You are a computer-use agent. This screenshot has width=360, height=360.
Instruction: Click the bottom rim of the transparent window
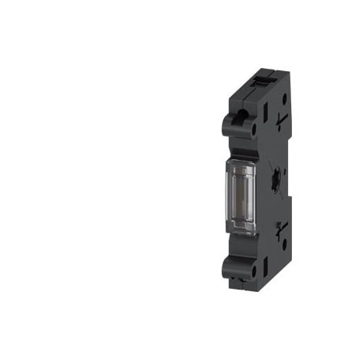coord(238,233)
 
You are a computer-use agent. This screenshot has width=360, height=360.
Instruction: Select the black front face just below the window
coord(238,244)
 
